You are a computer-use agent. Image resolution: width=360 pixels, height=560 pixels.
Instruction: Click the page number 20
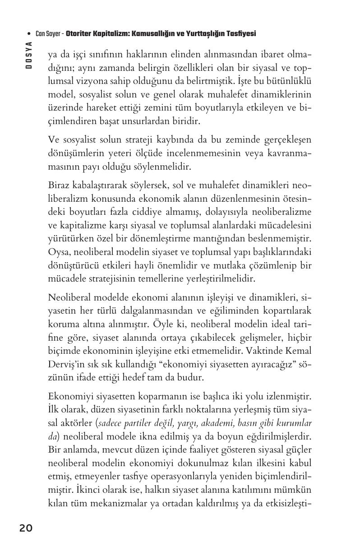tap(26, 528)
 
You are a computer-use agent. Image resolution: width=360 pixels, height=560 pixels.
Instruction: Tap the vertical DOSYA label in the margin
tap(28, 55)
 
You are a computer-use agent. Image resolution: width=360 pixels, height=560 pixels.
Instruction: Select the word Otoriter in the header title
tap(80, 34)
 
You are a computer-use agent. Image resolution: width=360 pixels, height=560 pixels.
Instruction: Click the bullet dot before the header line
tap(29, 34)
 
